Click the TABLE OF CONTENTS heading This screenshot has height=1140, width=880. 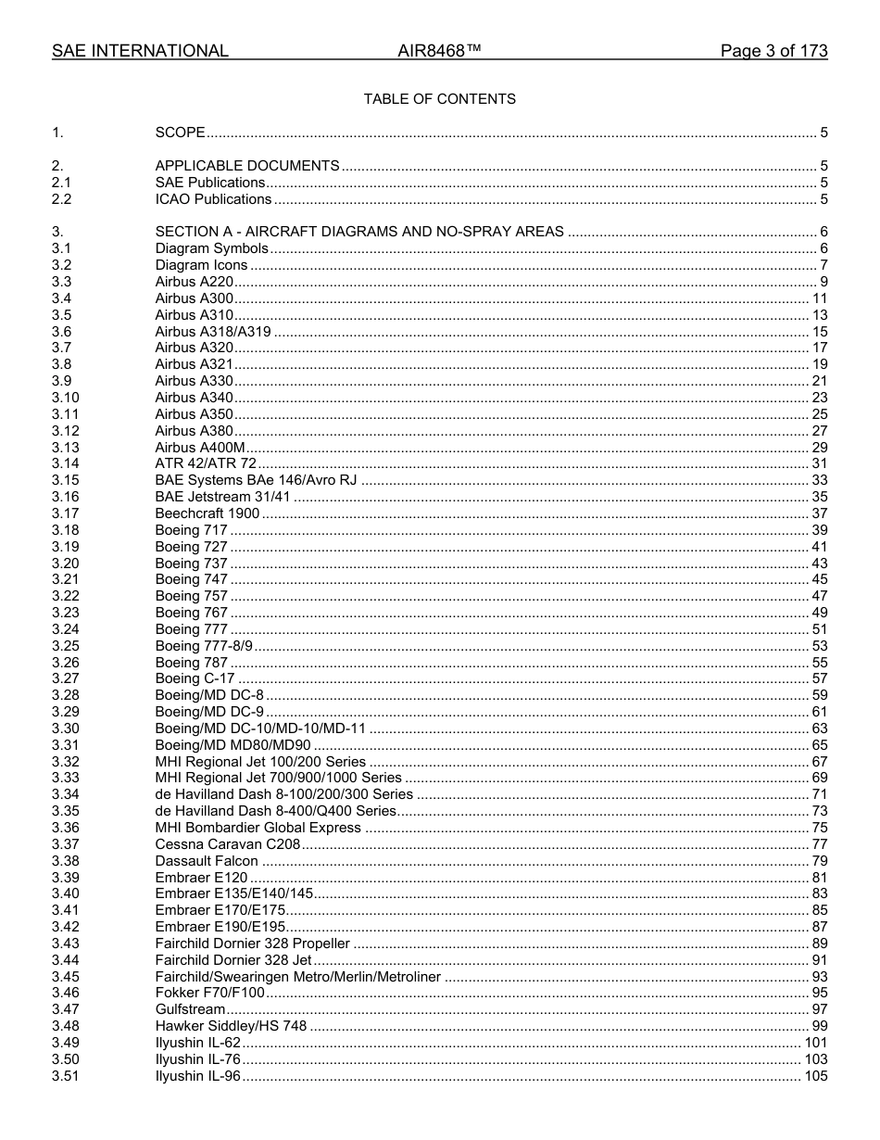click(x=439, y=99)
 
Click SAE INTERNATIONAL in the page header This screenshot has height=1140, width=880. click(x=140, y=51)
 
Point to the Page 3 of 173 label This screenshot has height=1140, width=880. click(x=773, y=51)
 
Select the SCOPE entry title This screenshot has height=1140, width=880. click(x=180, y=133)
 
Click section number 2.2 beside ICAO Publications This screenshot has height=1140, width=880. click(x=62, y=199)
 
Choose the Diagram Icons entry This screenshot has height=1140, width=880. click(x=201, y=265)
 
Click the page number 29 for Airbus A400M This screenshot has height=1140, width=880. click(x=819, y=448)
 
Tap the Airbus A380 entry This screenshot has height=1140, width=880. click(x=194, y=431)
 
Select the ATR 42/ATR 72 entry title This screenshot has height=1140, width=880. click(x=206, y=463)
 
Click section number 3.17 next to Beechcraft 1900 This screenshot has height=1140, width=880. click(x=65, y=513)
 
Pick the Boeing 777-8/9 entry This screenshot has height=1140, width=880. click(x=204, y=646)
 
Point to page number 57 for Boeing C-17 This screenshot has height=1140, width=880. click(x=819, y=678)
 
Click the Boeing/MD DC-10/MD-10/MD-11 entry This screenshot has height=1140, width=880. click(x=260, y=728)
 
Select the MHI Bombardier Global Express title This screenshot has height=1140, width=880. click(x=258, y=828)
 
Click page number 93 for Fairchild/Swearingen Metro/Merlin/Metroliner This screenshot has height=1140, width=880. click(x=819, y=977)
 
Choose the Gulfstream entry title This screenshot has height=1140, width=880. click(x=190, y=1009)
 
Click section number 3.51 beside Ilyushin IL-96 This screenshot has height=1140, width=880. click(x=65, y=1076)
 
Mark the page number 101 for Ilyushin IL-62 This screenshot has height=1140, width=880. click(x=815, y=1043)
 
